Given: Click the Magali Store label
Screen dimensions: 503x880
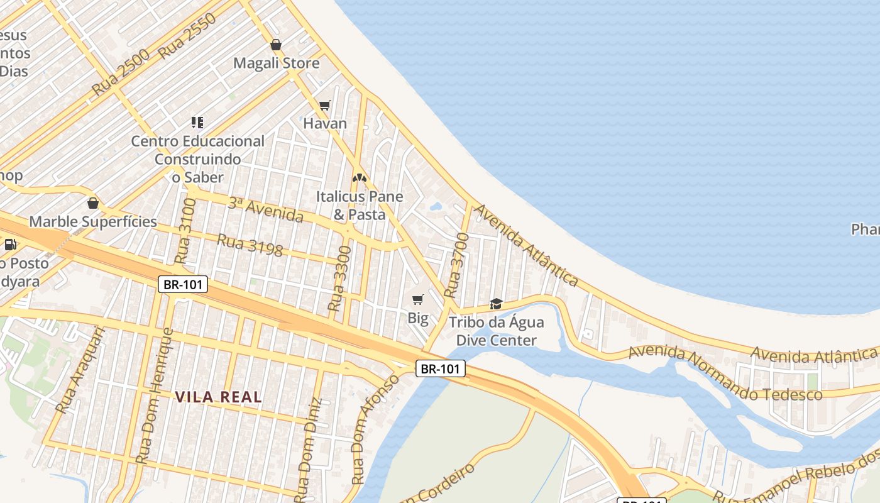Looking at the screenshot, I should pyautogui.click(x=276, y=63).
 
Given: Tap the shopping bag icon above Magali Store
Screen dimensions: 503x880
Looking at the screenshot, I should pyautogui.click(x=275, y=45).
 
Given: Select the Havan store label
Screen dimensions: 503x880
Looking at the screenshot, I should pyautogui.click(x=325, y=123).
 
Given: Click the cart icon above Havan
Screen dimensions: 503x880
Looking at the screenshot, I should pyautogui.click(x=324, y=105).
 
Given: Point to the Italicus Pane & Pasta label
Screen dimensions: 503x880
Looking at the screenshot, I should pyautogui.click(x=359, y=205).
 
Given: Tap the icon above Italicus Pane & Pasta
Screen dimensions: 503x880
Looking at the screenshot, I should pyautogui.click(x=359, y=178).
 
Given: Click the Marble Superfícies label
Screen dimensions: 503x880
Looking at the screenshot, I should pyautogui.click(x=93, y=221).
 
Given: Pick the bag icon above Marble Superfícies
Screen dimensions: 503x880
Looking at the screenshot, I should pyautogui.click(x=93, y=203).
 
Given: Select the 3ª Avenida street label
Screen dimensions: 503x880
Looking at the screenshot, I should pyautogui.click(x=265, y=209).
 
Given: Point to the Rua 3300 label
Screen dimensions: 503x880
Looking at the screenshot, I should pyautogui.click(x=339, y=279).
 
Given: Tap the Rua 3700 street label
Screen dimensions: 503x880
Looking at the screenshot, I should pyautogui.click(x=457, y=265).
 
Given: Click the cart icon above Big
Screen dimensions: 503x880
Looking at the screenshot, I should pyautogui.click(x=418, y=300).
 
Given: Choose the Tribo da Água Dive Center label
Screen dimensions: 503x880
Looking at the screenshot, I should pyautogui.click(x=496, y=331).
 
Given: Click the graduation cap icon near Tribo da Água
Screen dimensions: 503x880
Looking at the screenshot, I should pyautogui.click(x=496, y=304).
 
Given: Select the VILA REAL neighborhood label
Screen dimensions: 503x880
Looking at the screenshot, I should pyautogui.click(x=218, y=397).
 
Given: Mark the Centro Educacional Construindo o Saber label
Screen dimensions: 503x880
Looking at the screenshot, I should pyautogui.click(x=197, y=159).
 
